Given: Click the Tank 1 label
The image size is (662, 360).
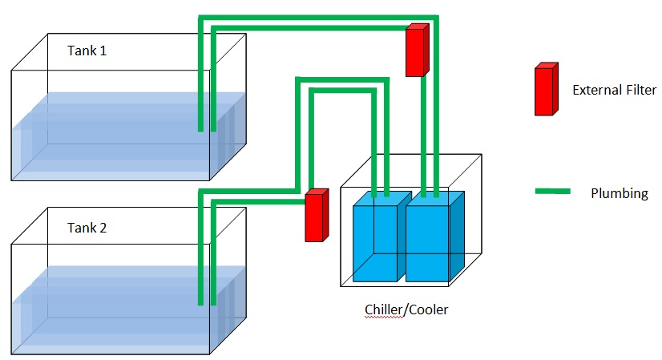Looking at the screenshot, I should pos(87,51).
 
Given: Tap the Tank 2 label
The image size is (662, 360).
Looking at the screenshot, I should pos(87,228).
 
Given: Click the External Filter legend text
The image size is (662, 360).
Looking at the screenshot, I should pos(614,90).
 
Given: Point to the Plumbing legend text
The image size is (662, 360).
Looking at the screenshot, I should pos(619,193).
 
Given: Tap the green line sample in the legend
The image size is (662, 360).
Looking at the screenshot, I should pos(552,192).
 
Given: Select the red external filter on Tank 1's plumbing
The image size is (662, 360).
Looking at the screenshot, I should pos(417,51).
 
